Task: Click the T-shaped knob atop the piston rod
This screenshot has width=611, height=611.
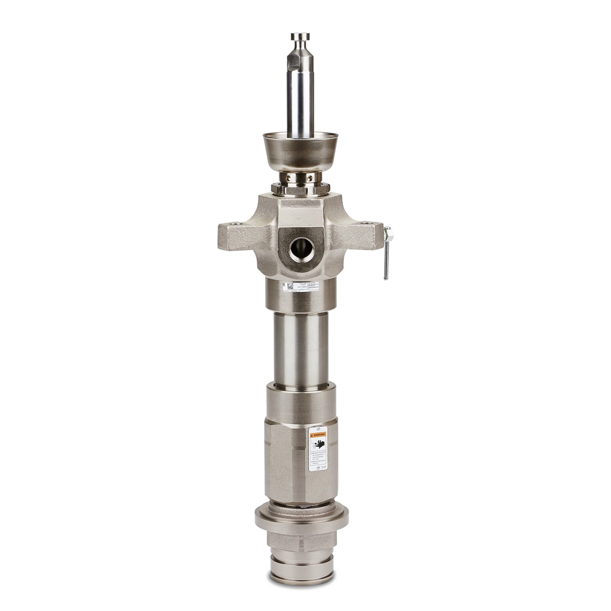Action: [x=300, y=37]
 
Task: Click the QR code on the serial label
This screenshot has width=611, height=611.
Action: [x=290, y=286]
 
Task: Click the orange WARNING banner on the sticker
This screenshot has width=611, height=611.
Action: [x=318, y=435]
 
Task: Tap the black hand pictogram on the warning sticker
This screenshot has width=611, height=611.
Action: [x=318, y=444]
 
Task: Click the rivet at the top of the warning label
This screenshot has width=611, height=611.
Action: [x=318, y=428]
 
